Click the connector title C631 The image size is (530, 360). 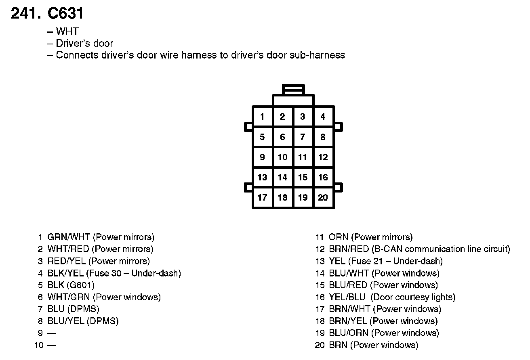pos(65,14)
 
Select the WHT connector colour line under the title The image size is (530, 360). pos(67,31)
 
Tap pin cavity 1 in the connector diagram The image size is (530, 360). pos(263,117)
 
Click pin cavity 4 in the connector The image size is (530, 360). pos(323,117)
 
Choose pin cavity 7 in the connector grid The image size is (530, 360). pos(303,137)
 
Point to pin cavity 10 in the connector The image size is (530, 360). pos(283,157)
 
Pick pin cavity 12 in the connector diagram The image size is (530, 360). pos(323,157)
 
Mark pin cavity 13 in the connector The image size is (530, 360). pos(263,177)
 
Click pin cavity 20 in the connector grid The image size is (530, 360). pos(323,197)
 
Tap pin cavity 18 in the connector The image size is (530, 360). pos(283,197)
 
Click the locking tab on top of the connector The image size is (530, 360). pos(294,89)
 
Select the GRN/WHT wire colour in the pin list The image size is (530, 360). pos(69,237)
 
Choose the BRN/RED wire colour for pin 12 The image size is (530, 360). pos(349,249)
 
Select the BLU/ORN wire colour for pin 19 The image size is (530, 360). pos(349,333)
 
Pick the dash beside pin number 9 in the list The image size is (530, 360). pos(52,333)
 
